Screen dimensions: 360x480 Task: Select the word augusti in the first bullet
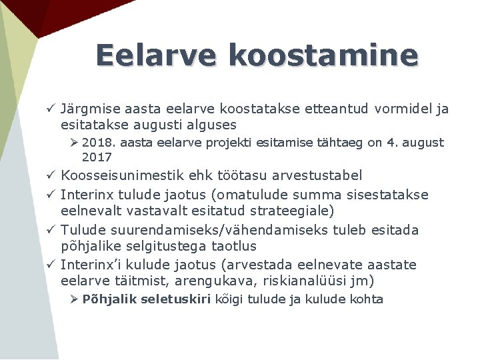coord(171,125)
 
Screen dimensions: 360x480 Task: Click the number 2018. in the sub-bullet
coord(99,143)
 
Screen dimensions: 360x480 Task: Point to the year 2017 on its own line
coord(97,157)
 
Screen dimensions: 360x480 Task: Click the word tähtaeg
coord(339,143)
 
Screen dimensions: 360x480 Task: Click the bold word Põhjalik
coord(106,299)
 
